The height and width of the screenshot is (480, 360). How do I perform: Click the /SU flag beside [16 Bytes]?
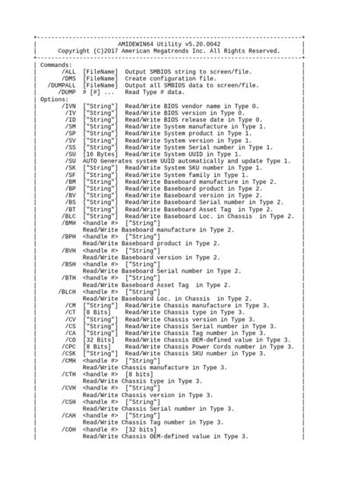[70, 153]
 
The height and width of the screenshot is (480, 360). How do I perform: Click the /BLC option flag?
[68, 215]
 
